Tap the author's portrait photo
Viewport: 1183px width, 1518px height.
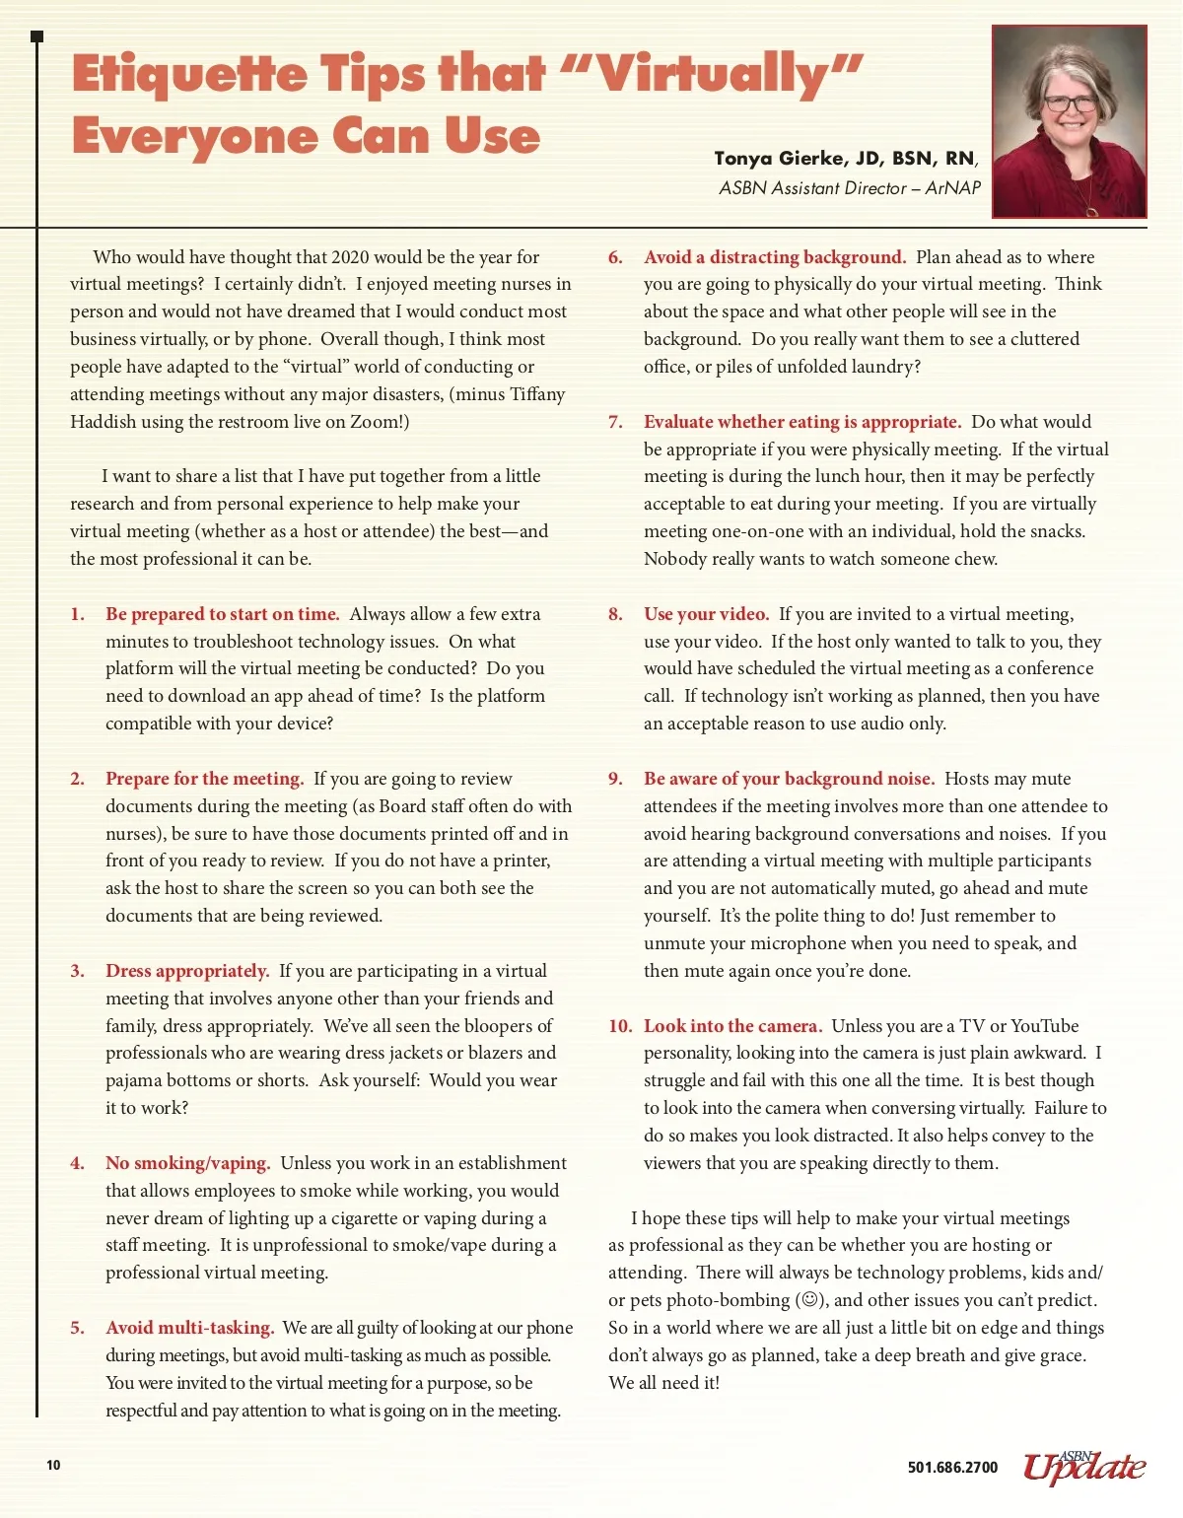1070,121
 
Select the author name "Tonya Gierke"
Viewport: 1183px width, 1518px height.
779,159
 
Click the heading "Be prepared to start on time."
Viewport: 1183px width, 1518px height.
222,614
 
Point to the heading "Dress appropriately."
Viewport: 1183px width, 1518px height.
187,971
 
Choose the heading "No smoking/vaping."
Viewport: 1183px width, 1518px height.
187,1163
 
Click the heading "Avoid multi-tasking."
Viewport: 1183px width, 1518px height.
189,1328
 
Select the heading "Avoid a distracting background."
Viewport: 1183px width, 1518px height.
774,257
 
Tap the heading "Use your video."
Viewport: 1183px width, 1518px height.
706,614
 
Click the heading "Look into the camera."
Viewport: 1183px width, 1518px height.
732,1026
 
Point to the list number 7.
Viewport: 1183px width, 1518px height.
615,422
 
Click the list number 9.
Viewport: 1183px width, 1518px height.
615,779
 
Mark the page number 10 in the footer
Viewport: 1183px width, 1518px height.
53,1465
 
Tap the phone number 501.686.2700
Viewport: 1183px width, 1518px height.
952,1467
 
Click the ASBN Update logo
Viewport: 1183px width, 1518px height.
1084,1466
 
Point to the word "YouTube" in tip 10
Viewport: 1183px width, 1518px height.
1045,1026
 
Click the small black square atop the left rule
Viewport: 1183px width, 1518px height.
37,36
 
